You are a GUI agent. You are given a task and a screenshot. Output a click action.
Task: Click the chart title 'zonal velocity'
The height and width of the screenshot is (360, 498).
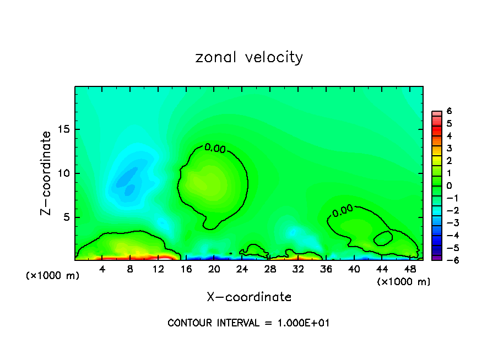coord(249,57)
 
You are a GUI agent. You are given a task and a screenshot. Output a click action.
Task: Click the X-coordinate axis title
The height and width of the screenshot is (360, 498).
coord(249,297)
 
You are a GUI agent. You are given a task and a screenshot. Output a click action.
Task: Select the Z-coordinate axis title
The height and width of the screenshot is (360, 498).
coord(47,172)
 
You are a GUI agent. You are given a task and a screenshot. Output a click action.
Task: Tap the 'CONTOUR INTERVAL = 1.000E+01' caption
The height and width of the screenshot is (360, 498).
coord(248,323)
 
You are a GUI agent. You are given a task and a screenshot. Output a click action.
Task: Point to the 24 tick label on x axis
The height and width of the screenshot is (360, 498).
coord(242,269)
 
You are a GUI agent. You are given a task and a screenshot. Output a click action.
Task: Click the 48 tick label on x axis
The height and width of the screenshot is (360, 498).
coord(410,269)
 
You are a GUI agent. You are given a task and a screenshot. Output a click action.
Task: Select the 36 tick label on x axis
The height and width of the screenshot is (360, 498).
coord(326,269)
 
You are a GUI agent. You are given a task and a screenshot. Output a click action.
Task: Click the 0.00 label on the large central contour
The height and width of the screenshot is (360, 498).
coord(215,148)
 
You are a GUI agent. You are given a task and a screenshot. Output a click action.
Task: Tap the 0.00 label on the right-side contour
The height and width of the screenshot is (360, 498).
coord(342,210)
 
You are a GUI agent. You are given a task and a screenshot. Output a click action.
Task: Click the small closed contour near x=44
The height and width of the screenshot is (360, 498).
coord(383,238)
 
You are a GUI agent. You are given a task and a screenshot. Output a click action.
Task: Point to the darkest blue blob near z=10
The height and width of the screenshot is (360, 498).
coord(128,177)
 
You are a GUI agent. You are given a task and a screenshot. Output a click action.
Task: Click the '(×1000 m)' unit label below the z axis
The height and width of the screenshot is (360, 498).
coord(53,276)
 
